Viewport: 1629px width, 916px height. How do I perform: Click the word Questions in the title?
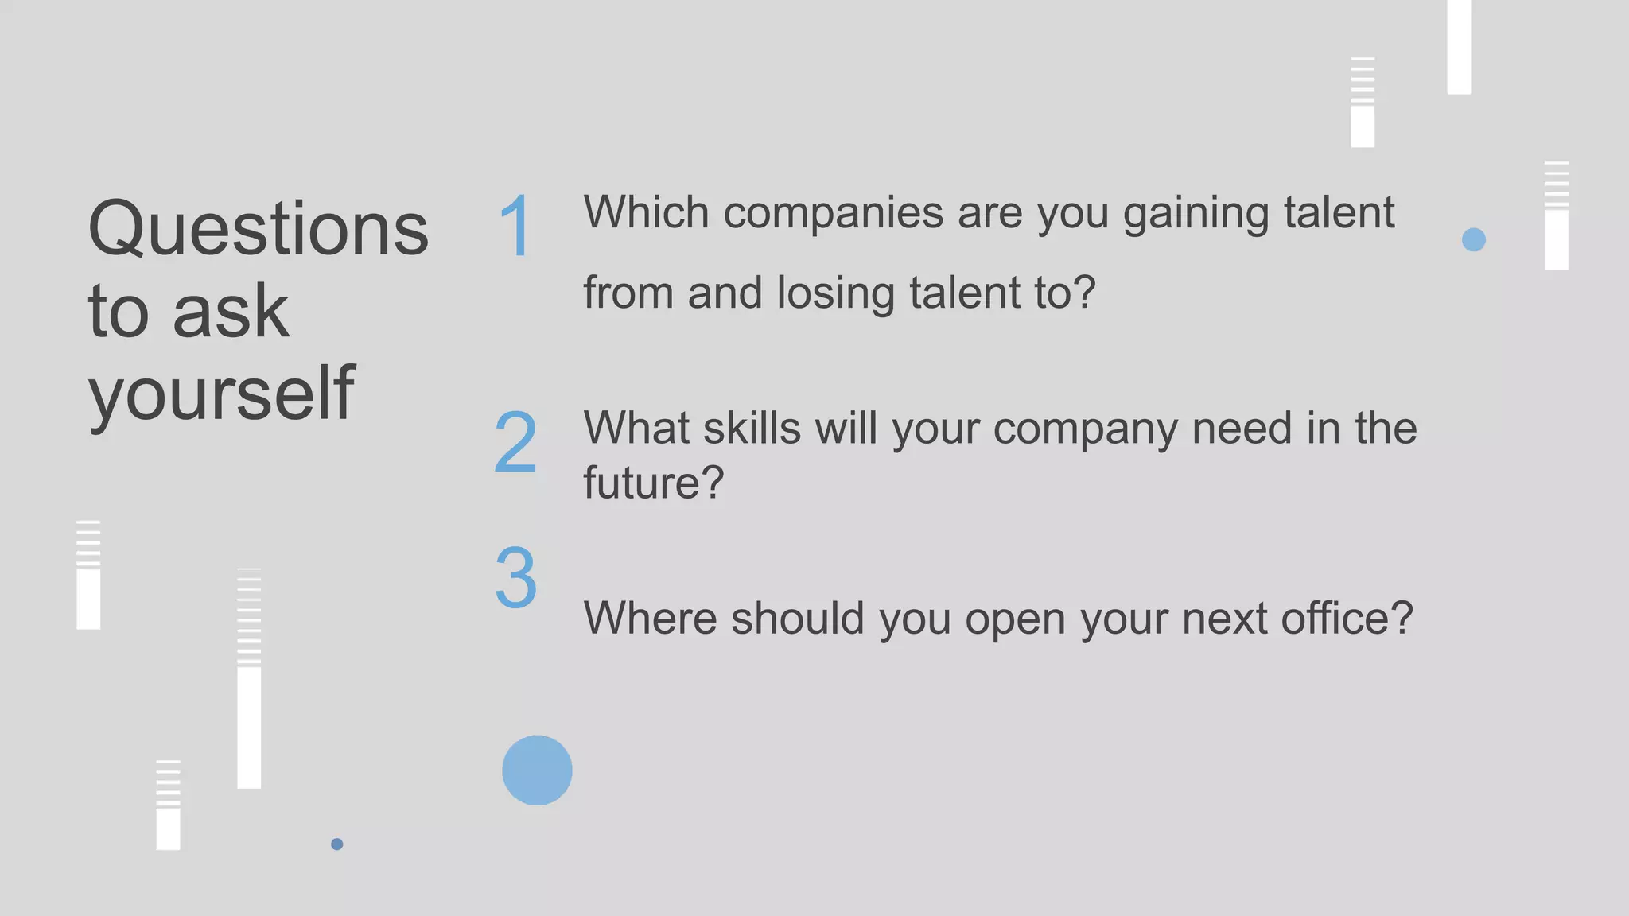coord(258,230)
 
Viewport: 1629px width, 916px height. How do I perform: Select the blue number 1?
coord(515,227)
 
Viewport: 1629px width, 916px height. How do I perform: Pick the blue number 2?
coord(515,442)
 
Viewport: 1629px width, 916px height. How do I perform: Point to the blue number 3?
coord(515,577)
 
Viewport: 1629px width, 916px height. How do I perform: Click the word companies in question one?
coord(833,213)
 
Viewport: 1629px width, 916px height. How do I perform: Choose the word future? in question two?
coord(653,483)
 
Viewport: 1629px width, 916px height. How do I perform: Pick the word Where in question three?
coord(650,618)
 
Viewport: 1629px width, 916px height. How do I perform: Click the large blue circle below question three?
coord(537,770)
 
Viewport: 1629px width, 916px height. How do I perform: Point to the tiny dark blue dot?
coord(337,844)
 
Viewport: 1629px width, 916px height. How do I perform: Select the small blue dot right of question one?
coord(1473,239)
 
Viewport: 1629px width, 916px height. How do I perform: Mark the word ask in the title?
coord(231,312)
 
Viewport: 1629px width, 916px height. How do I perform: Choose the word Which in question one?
coord(646,212)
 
